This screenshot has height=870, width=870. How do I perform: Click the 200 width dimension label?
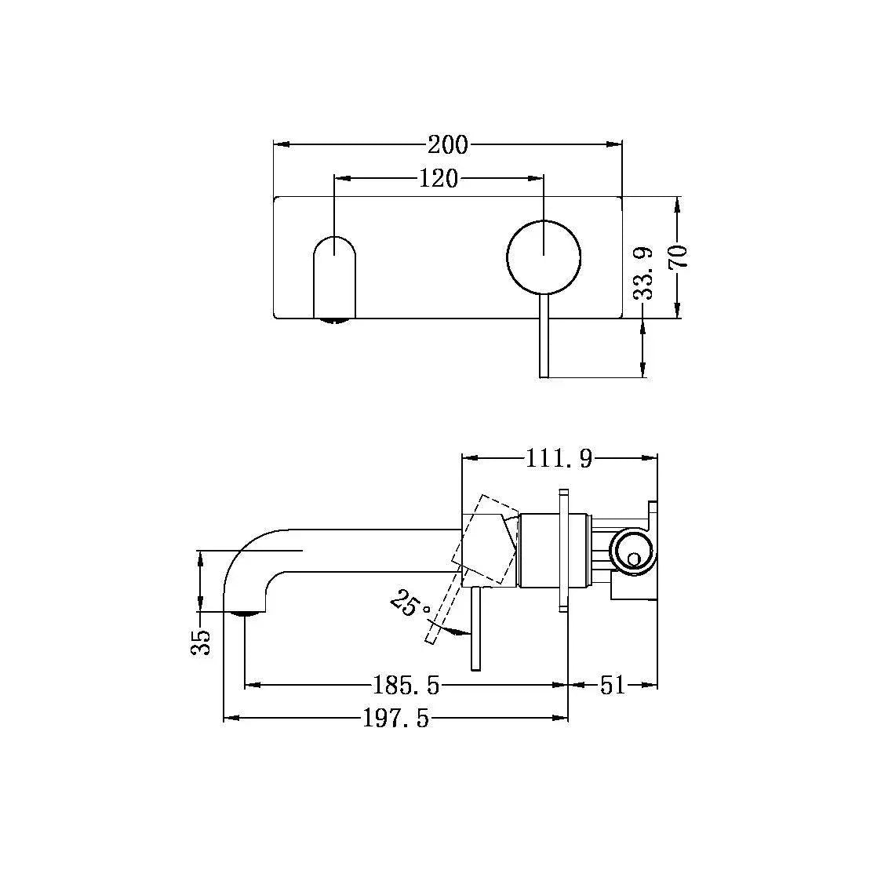pos(447,145)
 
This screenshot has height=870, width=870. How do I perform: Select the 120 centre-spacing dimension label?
pos(438,179)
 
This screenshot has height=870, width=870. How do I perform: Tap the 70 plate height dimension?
pos(678,257)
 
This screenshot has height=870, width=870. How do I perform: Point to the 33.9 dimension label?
pos(644,274)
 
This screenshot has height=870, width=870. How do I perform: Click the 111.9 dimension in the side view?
pos(559,458)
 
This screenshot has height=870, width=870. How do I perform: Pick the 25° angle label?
pos(410,606)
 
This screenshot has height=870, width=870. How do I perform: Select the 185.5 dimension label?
pos(406,686)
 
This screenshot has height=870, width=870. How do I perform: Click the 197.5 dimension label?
pos(396,719)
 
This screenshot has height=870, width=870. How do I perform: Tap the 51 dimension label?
pos(613,686)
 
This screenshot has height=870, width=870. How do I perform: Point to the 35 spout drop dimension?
pos(202,641)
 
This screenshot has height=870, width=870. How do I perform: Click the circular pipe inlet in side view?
pos(632,548)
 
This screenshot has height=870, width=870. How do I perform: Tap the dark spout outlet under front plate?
pos(335,319)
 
